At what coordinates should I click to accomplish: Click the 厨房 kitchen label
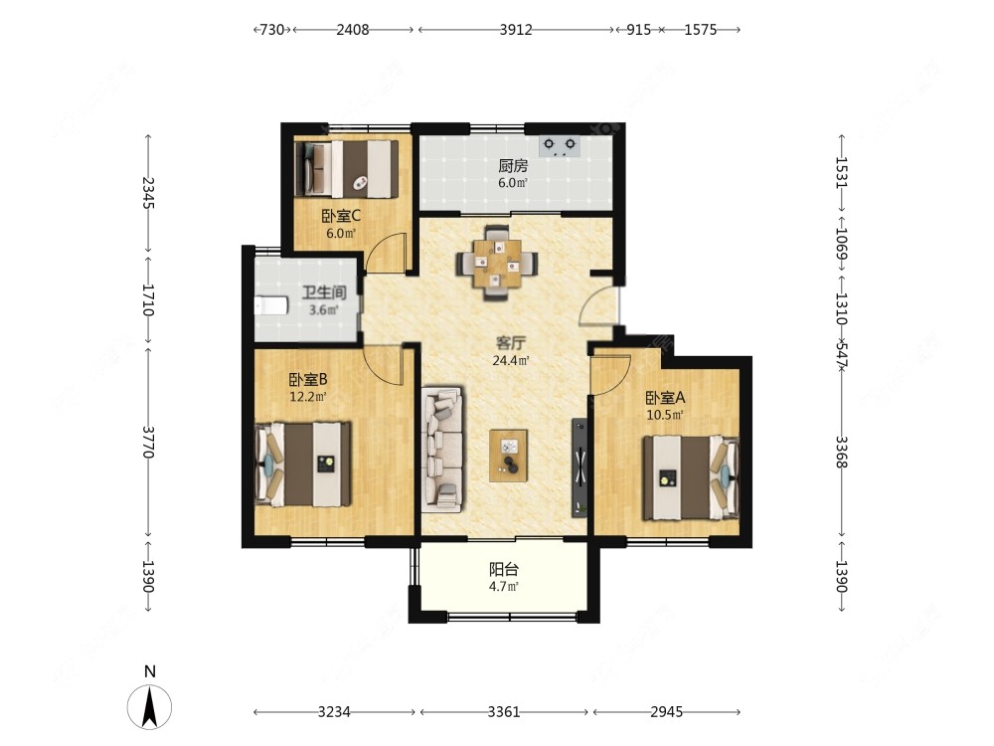pos(512,166)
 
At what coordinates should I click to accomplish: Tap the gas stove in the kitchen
pos(560,146)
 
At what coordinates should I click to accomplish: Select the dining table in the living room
pos(498,263)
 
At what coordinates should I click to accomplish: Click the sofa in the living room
pos(442,450)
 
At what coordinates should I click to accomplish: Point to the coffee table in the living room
pos(508,456)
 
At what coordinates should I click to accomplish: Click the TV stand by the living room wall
pos(580,466)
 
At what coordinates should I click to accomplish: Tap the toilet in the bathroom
pos(270,305)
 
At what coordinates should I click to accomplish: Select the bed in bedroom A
pos(692,477)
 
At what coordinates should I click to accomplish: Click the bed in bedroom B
pos(303,465)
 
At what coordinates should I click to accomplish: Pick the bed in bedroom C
pos(346,169)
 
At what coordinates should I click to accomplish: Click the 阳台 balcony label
pos(503,569)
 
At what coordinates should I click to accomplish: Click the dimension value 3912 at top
pos(515,30)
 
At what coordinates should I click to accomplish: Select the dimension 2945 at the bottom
pos(666,712)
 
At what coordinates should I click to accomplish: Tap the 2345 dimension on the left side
pos(148,193)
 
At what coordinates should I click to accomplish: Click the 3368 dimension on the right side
pos(841,452)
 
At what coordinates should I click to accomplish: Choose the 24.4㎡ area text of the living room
pos(510,361)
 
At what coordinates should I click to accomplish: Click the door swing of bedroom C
pos(387,253)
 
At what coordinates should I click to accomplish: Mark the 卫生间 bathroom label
pos(323,292)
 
